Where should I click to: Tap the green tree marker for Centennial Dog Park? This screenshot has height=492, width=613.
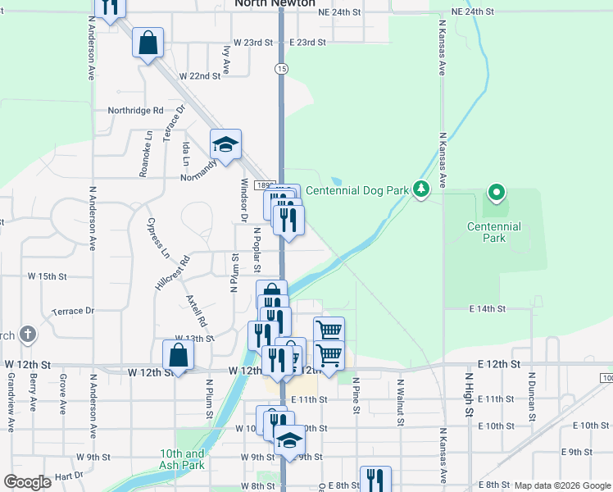tap(421, 189)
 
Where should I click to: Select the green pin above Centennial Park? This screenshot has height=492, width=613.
tap(496, 194)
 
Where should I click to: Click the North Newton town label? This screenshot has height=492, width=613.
tap(275, 3)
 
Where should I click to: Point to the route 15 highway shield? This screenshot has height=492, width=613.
tap(281, 68)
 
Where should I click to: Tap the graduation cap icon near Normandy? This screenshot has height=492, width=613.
tap(225, 145)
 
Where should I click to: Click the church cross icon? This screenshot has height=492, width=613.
tap(28, 335)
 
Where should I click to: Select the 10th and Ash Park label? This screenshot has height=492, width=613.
tap(182, 459)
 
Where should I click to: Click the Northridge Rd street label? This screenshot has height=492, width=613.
tap(135, 110)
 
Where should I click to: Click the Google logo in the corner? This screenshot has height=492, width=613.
tap(27, 482)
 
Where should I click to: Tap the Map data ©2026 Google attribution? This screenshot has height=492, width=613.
tap(562, 486)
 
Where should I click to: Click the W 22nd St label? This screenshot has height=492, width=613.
tap(204, 75)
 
